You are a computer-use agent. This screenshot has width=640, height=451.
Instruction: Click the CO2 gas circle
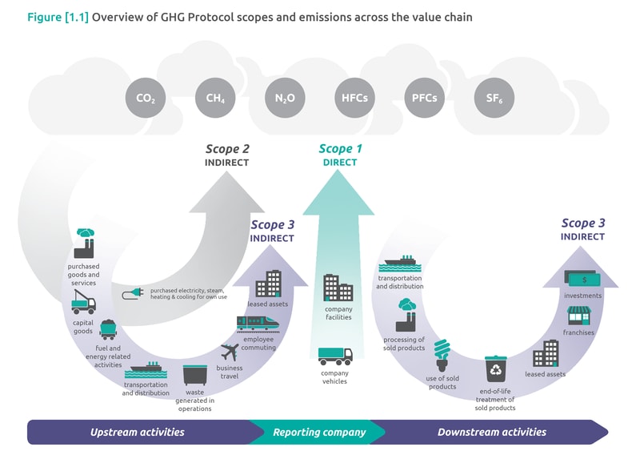146,99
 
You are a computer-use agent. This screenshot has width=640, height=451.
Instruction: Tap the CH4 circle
215,99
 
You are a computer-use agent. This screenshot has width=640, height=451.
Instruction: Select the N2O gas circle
285,99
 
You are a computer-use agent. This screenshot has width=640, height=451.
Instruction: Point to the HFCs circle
354,99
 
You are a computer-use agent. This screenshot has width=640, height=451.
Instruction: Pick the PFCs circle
424,99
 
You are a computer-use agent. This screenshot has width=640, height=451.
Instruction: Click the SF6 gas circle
494,99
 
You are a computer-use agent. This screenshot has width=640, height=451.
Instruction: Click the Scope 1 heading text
340,149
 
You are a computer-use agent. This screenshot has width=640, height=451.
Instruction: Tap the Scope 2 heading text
227,149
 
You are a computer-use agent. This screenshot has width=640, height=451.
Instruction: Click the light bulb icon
442,353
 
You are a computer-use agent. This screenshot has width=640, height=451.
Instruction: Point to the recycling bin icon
495,368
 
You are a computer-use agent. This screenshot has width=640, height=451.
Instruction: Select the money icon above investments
582,278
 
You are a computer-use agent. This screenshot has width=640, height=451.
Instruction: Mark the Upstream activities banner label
137,432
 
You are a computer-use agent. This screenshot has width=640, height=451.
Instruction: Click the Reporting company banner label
319,432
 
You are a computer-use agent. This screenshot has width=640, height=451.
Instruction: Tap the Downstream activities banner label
491,432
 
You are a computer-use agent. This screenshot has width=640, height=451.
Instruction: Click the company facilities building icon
338,288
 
